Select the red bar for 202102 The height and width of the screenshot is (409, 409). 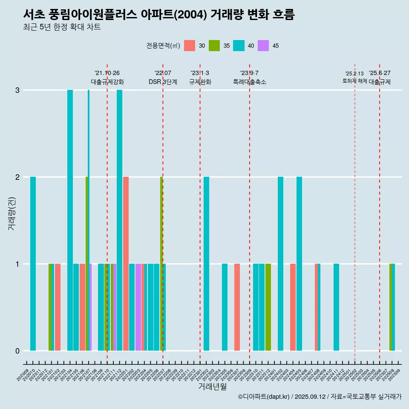[x=58, y=307]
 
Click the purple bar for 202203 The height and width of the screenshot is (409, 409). [x=138, y=307]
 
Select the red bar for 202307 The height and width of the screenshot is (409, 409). [x=237, y=307]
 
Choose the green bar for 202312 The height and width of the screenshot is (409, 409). [x=268, y=307]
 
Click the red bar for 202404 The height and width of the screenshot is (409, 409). [x=293, y=307]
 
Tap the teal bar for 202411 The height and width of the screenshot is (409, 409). [x=336, y=307]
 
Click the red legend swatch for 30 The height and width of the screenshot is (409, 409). [x=190, y=46]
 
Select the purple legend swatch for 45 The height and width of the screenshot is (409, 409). [x=263, y=46]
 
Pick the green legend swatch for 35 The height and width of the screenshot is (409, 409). [x=214, y=46]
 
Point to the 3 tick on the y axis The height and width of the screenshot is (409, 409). [x=17, y=90]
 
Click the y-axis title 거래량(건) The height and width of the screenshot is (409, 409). [x=12, y=213]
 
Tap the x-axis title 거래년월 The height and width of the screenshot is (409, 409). [x=212, y=386]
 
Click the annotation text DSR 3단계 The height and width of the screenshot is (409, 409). [x=163, y=82]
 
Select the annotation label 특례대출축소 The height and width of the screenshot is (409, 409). [x=250, y=82]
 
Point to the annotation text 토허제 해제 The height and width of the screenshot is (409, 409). [x=354, y=81]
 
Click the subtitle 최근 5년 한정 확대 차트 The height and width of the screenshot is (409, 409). [x=62, y=27]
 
